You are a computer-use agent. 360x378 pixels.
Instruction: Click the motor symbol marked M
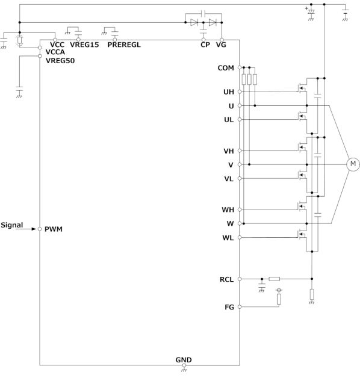[x=353, y=164]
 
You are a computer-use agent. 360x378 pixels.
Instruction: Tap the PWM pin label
[x=54, y=229]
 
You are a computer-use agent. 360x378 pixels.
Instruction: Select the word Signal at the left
[x=12, y=225]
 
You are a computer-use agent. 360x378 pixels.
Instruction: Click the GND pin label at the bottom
[x=184, y=360]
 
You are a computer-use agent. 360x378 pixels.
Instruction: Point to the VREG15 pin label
[x=84, y=45]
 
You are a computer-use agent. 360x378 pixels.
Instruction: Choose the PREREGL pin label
[x=124, y=45]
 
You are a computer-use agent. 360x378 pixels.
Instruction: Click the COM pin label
[x=226, y=68]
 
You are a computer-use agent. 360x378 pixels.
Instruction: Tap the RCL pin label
[x=226, y=279]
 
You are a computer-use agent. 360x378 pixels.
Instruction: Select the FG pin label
[x=229, y=307]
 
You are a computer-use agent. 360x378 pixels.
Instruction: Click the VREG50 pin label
[x=60, y=61]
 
